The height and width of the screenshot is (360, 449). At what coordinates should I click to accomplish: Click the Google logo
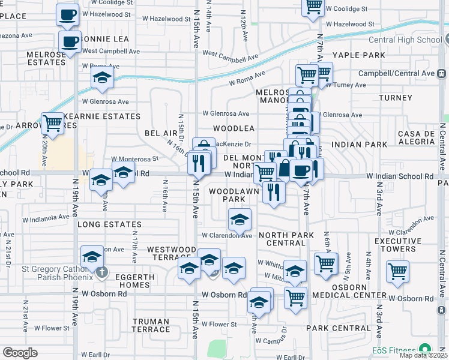20,353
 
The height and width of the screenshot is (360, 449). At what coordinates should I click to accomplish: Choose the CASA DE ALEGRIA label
418,137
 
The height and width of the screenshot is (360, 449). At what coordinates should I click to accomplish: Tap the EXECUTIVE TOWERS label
403,244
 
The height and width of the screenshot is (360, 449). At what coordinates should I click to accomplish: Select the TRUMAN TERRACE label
151,325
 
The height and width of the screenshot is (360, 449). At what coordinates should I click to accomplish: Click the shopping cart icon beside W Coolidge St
313,6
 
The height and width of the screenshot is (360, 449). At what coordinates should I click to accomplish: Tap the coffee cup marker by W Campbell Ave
71,41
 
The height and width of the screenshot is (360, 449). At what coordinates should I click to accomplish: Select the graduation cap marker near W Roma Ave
102,77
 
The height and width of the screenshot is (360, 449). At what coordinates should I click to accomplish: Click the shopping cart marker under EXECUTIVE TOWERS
397,271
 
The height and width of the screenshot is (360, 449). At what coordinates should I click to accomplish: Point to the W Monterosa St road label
134,159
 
